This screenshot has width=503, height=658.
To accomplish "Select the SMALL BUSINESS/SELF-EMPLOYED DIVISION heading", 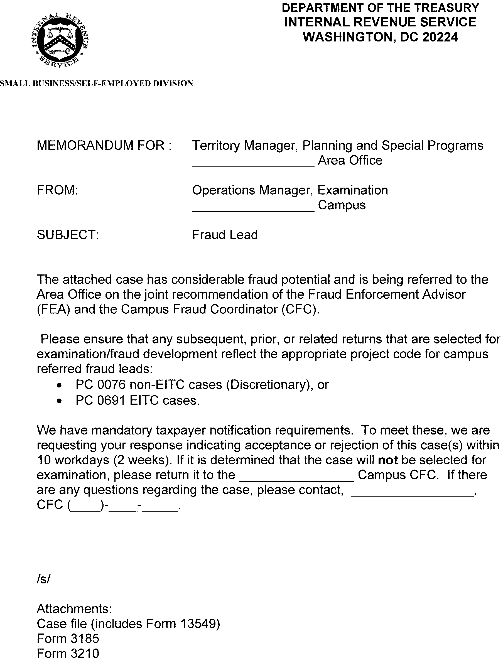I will click(x=96, y=83).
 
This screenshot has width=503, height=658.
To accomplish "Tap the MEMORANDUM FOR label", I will click(x=104, y=146).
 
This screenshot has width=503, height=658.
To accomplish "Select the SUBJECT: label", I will click(x=68, y=235).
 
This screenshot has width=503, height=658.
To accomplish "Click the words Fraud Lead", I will click(x=225, y=235).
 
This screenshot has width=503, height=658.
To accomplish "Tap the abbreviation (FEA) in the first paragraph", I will click(x=53, y=309).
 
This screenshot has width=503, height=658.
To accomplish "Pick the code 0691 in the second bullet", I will click(x=111, y=401).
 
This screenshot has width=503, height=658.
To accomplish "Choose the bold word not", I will click(x=388, y=460).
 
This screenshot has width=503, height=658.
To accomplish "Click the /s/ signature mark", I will click(x=43, y=579).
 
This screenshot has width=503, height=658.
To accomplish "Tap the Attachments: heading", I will click(x=74, y=609).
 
